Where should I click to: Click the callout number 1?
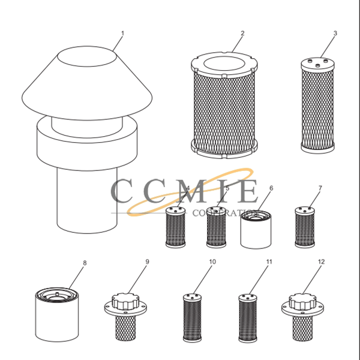[x=122, y=33]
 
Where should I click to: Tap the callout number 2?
[x=242, y=33]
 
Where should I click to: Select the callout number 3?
[x=335, y=33]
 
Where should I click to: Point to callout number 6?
[x=271, y=188]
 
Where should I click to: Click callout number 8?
[x=85, y=263]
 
